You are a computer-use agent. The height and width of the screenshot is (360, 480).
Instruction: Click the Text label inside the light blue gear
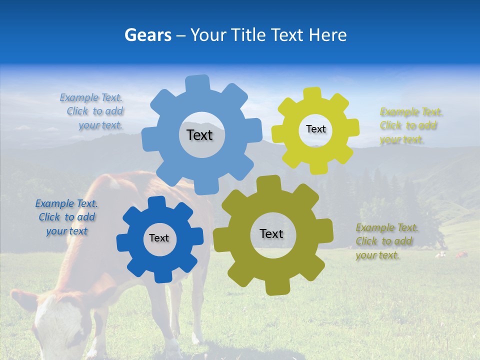[x=199, y=135]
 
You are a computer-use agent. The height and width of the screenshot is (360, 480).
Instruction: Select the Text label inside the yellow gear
[x=315, y=129]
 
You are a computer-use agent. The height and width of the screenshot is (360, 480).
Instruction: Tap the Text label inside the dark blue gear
[x=159, y=238]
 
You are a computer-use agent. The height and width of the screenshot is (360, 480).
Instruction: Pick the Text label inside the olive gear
[x=271, y=233]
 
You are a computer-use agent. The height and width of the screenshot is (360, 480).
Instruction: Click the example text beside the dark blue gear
[x=67, y=217]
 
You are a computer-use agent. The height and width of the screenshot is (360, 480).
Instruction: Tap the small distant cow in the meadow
[x=460, y=255]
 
